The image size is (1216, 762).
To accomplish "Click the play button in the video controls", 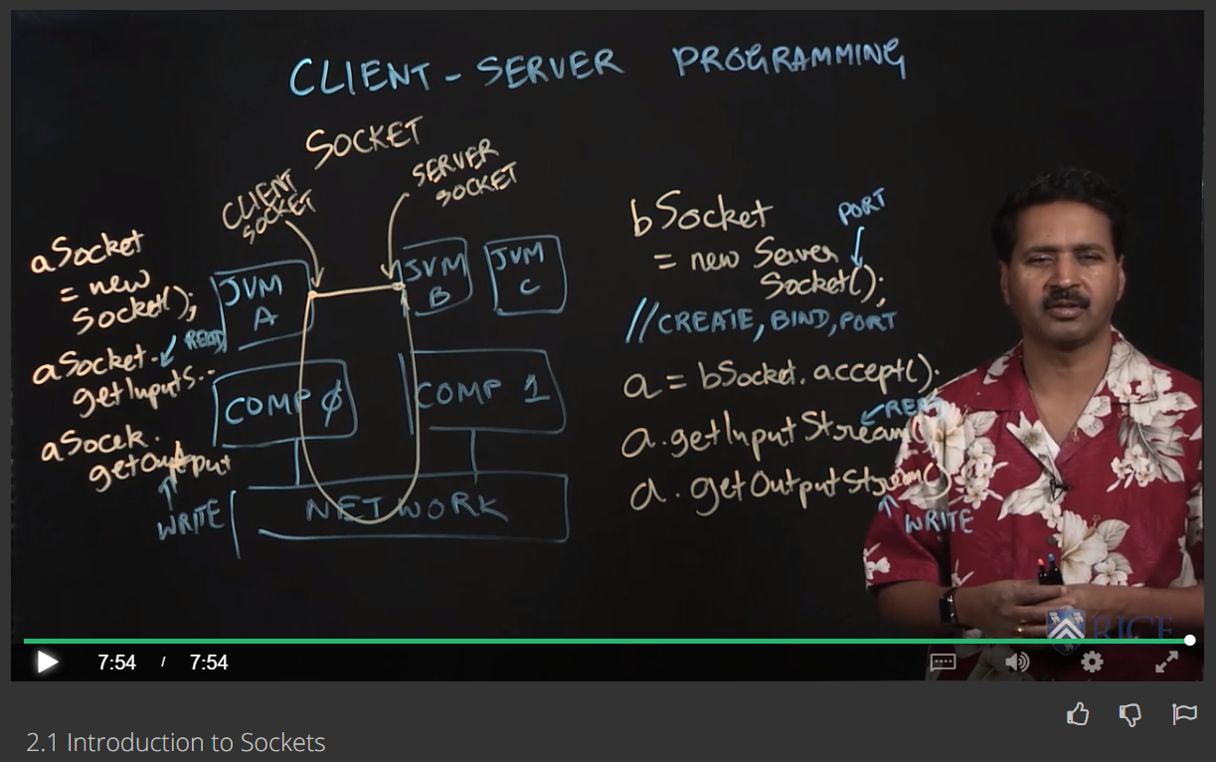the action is click(47, 662).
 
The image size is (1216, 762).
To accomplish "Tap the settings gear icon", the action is click(1092, 662).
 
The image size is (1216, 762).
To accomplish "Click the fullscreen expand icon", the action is click(1166, 662).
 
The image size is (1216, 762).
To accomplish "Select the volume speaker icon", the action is click(1016, 662).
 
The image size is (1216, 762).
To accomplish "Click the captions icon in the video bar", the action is click(943, 662).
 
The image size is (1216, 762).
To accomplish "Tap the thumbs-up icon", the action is click(1077, 713).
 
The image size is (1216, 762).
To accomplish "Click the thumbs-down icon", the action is click(1130, 713).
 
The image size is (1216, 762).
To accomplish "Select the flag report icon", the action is click(1184, 713).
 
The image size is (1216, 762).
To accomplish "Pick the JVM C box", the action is click(524, 271).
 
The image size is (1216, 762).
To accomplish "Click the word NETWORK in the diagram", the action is click(406, 509).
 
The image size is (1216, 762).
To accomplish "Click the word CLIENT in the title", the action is click(360, 76).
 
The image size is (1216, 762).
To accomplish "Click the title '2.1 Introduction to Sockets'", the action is click(176, 742).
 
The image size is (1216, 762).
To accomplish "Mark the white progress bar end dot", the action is click(1189, 640).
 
